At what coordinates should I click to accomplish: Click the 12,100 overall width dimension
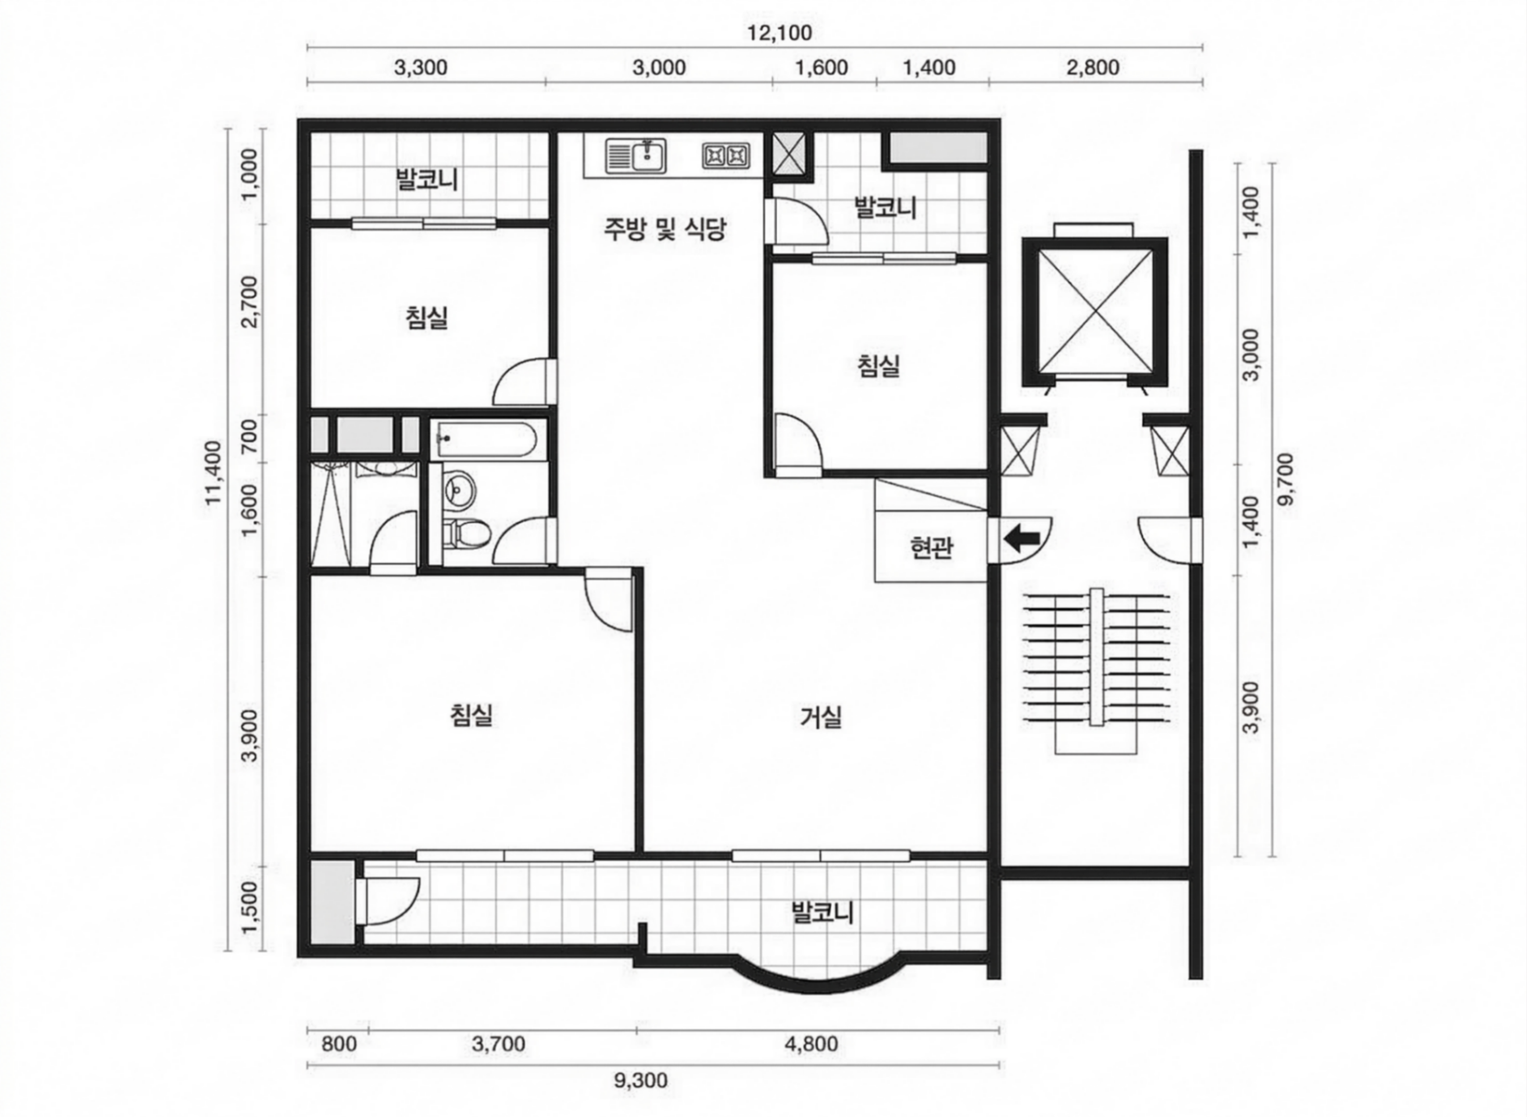coord(779,33)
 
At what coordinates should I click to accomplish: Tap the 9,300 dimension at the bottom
coord(640,1080)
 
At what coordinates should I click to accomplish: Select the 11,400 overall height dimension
coord(214,472)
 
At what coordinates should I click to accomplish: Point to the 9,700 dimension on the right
coord(1286,479)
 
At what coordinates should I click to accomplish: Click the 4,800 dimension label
coord(811,1044)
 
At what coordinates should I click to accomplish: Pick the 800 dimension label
coord(339,1044)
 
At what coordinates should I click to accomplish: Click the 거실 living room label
coord(821,717)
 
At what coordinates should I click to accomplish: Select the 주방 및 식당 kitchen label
coord(664,229)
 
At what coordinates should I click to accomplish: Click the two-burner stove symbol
coord(725,156)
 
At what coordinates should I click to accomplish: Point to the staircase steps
coord(1096,657)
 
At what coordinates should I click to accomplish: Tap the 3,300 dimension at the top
coord(420,68)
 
